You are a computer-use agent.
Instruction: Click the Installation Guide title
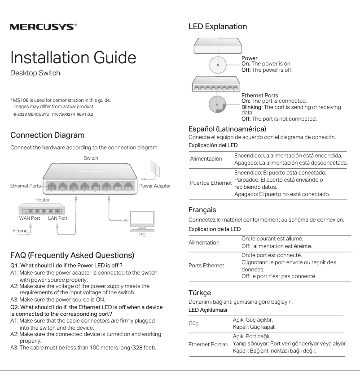(x=73, y=57)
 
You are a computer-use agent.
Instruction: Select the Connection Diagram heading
(x=47, y=135)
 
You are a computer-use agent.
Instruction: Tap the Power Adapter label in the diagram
(x=155, y=186)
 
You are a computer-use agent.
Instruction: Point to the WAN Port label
(x=30, y=218)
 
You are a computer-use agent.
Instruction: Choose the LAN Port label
(x=57, y=218)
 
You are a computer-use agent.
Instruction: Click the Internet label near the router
(x=21, y=231)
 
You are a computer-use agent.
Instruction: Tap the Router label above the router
(x=43, y=200)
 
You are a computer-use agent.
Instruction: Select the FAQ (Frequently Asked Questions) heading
(x=72, y=255)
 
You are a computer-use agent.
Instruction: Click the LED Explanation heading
(x=218, y=26)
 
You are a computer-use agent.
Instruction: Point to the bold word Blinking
(x=252, y=107)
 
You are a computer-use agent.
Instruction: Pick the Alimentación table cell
(x=206, y=159)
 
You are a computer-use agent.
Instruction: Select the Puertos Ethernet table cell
(x=211, y=183)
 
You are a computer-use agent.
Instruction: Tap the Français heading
(x=202, y=210)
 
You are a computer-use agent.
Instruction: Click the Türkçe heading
(x=200, y=292)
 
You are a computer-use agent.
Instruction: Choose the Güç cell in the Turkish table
(x=193, y=323)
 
